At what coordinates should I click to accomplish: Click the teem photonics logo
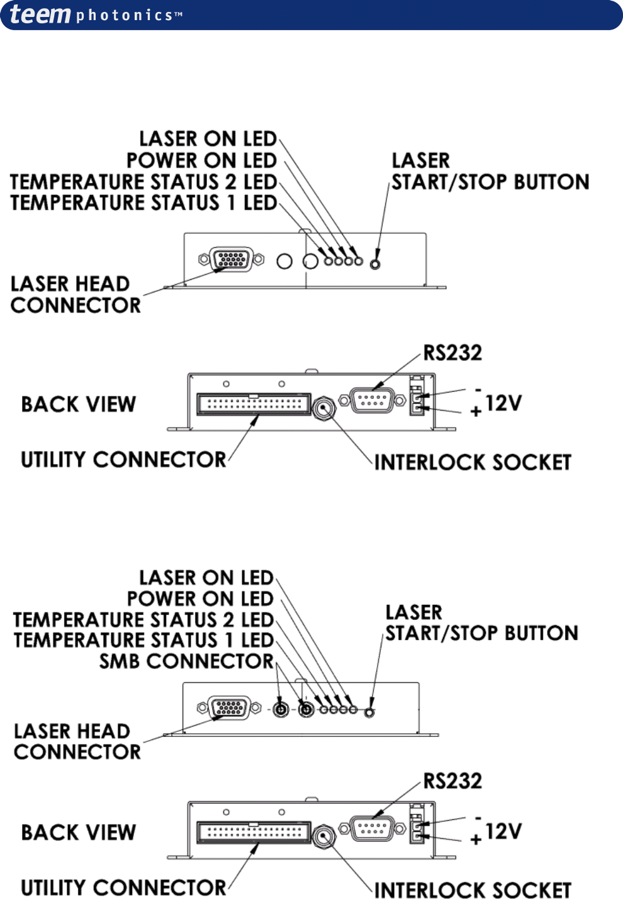pyautogui.click(x=94, y=14)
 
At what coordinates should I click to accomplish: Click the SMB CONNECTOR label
pyautogui.click(x=186, y=662)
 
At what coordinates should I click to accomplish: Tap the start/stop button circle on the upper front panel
pyautogui.click(x=375, y=263)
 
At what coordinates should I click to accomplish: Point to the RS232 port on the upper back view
pyautogui.click(x=373, y=401)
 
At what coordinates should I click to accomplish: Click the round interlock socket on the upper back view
pyautogui.click(x=324, y=409)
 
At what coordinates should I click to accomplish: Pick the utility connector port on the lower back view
pyautogui.click(x=254, y=833)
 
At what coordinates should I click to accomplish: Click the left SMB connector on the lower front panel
pyautogui.click(x=281, y=710)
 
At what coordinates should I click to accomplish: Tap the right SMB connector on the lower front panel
pyautogui.click(x=306, y=710)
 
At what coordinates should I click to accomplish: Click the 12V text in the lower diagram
pyautogui.click(x=503, y=831)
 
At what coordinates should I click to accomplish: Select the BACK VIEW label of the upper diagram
pyautogui.click(x=79, y=404)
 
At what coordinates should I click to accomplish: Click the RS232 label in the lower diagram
pyautogui.click(x=452, y=781)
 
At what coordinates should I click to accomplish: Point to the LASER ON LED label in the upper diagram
pyautogui.click(x=208, y=138)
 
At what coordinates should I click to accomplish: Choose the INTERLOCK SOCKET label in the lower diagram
pyautogui.click(x=473, y=890)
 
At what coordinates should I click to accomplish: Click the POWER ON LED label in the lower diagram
pyautogui.click(x=200, y=599)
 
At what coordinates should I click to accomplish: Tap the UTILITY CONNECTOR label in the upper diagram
pyautogui.click(x=123, y=460)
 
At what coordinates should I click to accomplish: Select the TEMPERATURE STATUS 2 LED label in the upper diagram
pyautogui.click(x=143, y=182)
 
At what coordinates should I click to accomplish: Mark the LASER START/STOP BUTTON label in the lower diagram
pyautogui.click(x=481, y=623)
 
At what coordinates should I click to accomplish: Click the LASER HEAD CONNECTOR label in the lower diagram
pyautogui.click(x=77, y=741)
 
